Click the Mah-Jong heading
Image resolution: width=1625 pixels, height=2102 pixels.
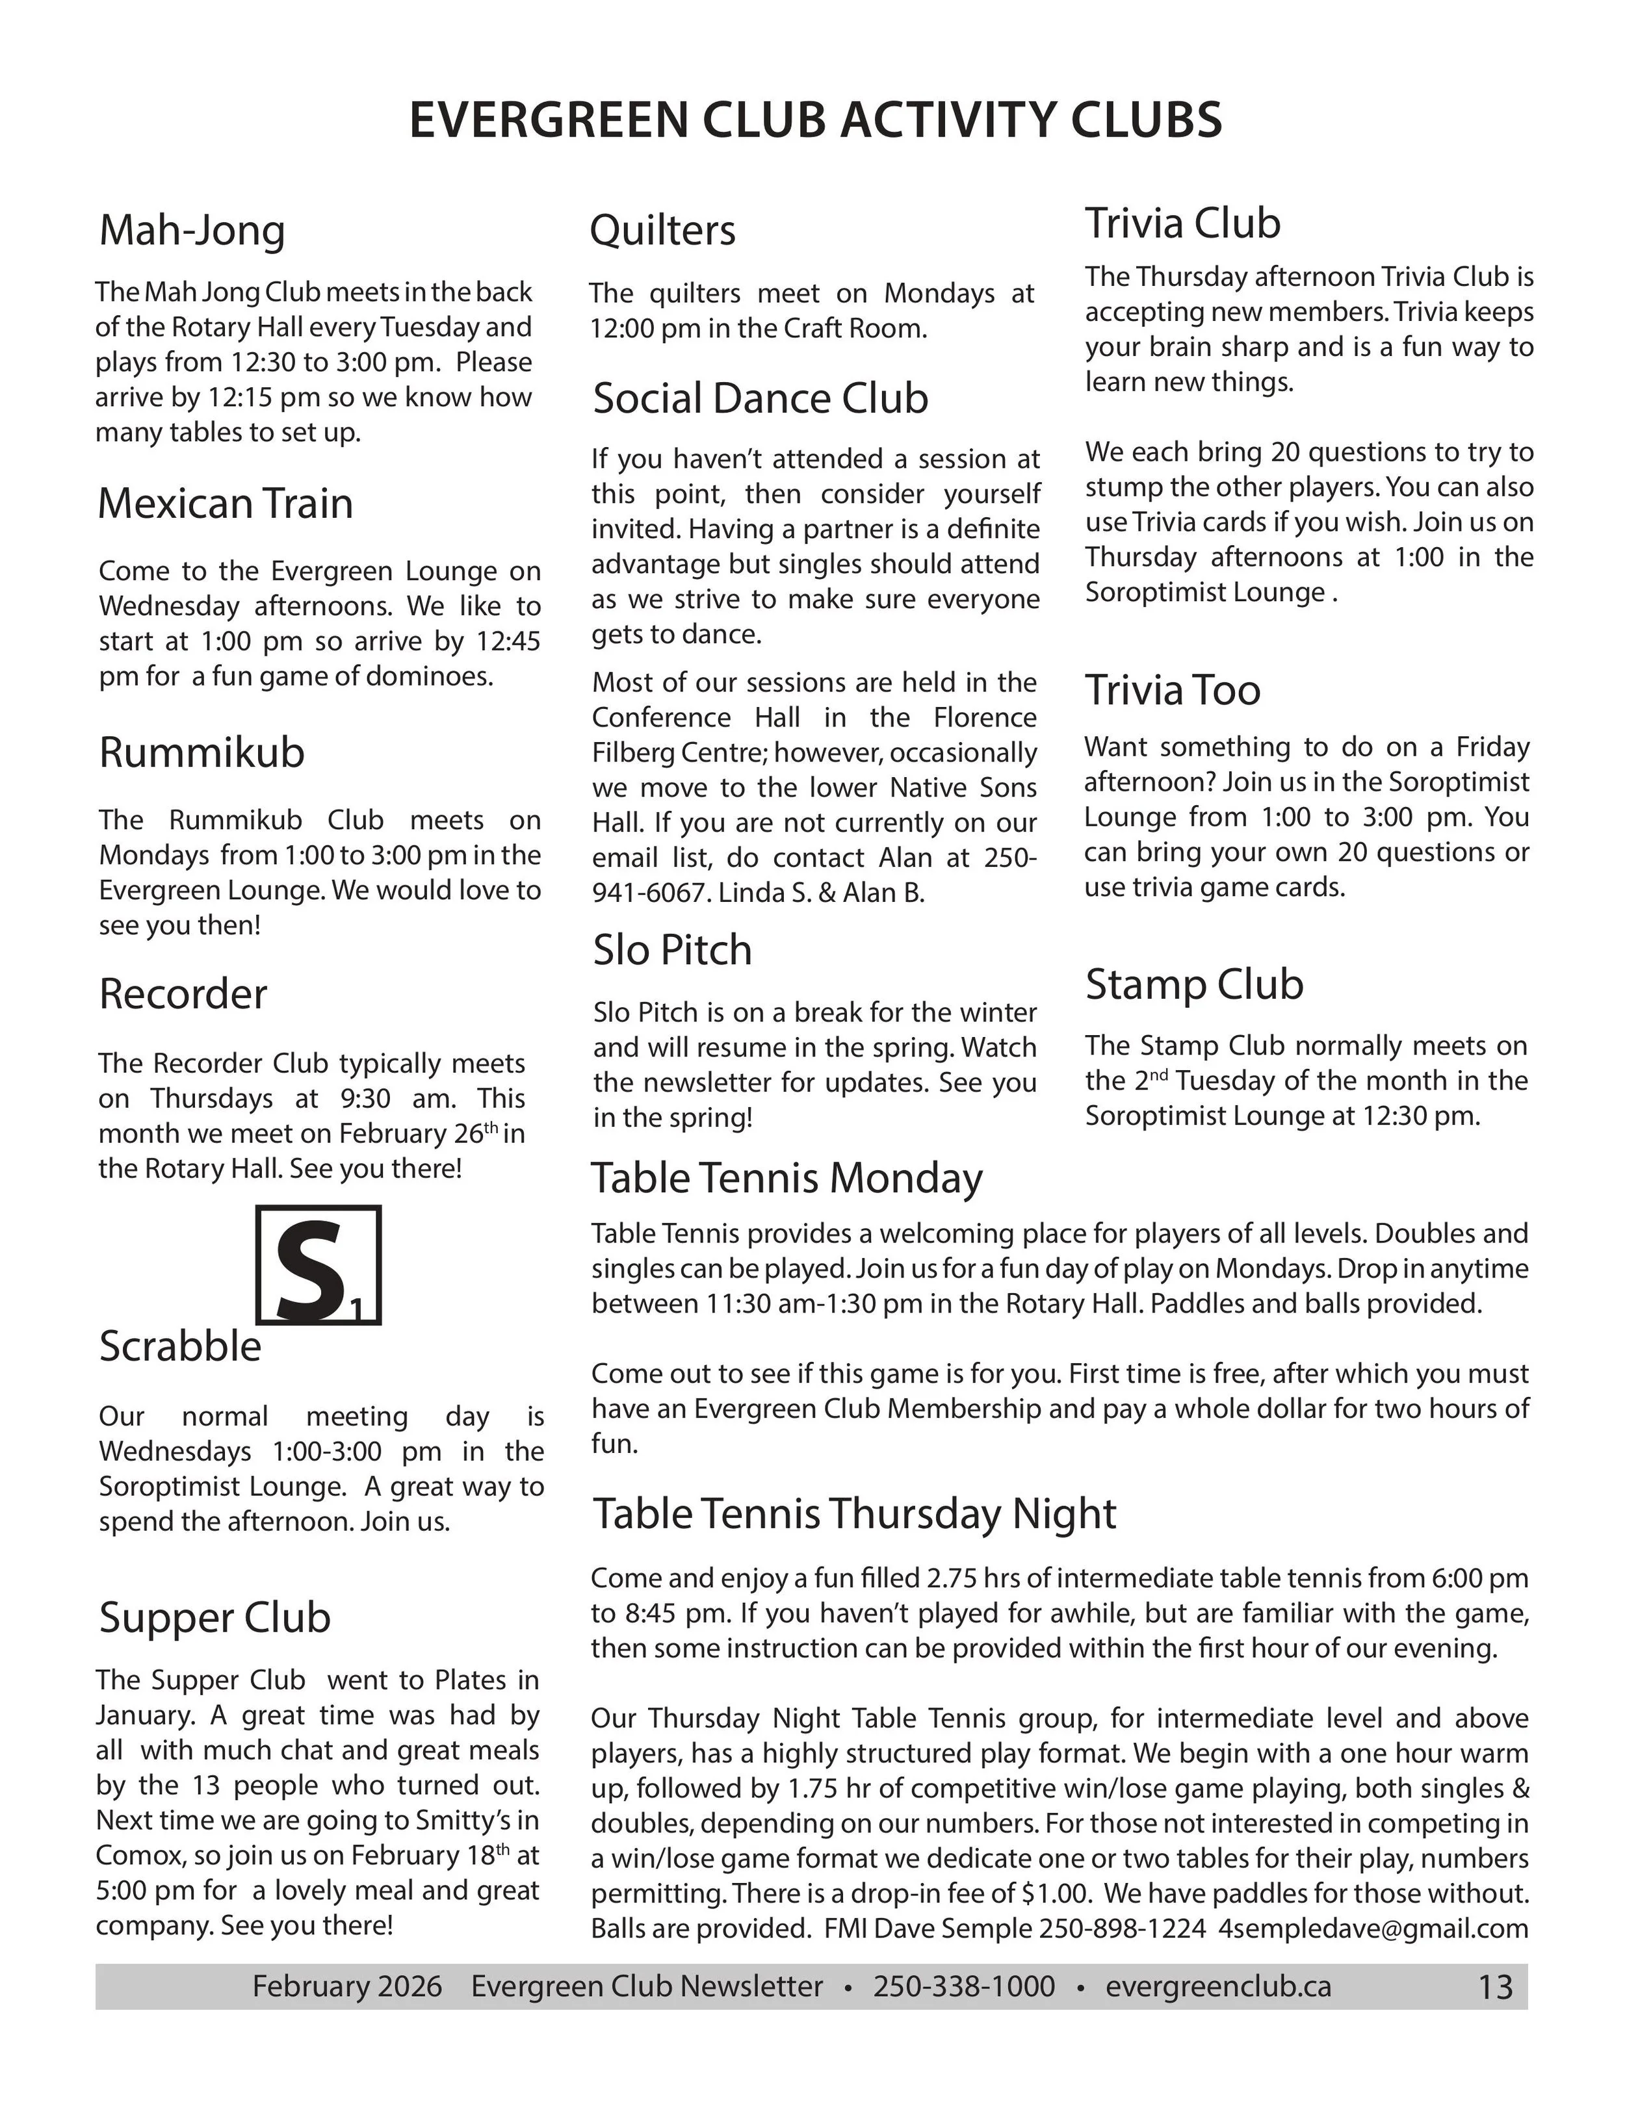click(192, 231)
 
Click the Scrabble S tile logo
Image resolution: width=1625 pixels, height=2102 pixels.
click(318, 1264)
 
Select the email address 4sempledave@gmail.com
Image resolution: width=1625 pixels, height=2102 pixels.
click(1373, 1928)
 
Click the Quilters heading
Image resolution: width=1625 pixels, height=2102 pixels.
click(662, 231)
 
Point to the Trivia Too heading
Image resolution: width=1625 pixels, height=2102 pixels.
click(1173, 690)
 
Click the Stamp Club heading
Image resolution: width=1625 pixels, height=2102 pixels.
click(1193, 984)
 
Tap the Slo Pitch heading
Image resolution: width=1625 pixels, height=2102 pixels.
click(672, 950)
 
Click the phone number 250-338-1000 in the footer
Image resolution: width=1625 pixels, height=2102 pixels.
click(964, 1986)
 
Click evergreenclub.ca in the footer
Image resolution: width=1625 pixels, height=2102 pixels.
click(1218, 1986)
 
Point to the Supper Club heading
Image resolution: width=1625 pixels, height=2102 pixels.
click(214, 1618)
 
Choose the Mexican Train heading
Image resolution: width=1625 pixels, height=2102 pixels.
click(226, 504)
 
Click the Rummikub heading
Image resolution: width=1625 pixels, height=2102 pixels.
click(201, 752)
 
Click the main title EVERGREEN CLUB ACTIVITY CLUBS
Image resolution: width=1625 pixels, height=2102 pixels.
click(815, 120)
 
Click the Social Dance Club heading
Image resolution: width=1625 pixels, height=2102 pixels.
click(760, 398)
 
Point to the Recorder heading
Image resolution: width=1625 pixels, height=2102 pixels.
click(183, 994)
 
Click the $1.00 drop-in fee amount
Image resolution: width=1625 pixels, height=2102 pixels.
click(1055, 1893)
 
